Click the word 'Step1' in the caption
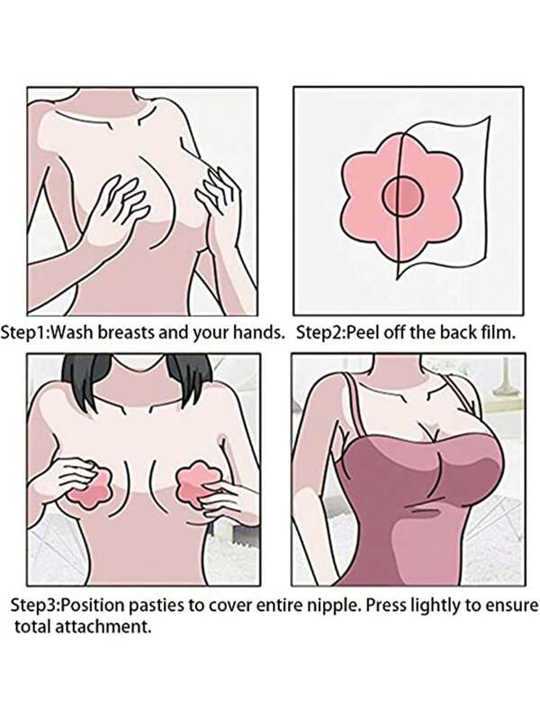point(22,332)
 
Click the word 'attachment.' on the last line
point(103,626)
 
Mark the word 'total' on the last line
point(33,626)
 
